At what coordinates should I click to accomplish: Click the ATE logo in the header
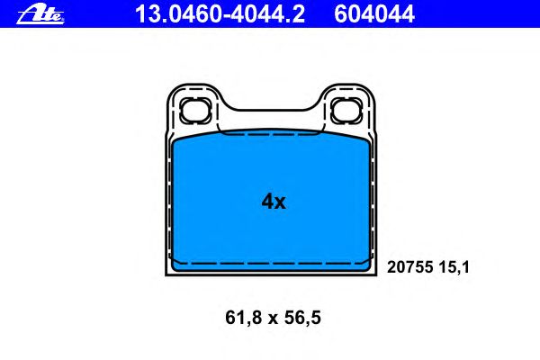(40, 14)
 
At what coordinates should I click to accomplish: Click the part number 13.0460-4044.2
(220, 14)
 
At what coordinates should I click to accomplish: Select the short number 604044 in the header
(374, 14)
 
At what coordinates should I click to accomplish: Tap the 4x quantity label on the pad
(274, 202)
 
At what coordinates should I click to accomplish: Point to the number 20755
(409, 267)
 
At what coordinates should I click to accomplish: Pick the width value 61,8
(244, 318)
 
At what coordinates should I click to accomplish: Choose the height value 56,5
(302, 318)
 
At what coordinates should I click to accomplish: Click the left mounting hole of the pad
(194, 110)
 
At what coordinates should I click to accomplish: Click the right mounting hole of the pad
(346, 110)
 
